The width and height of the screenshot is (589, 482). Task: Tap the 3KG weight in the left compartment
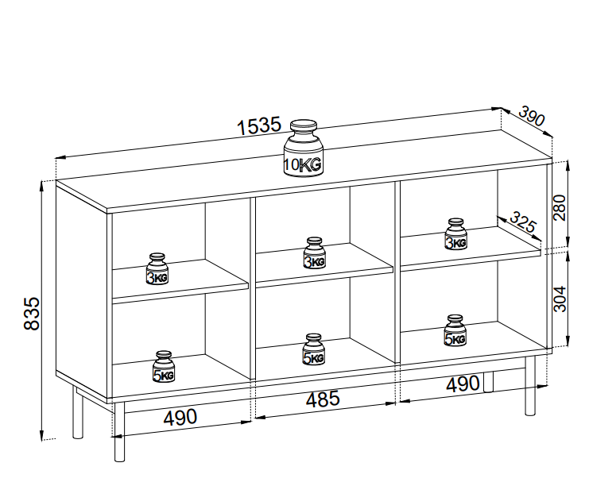point(157,270)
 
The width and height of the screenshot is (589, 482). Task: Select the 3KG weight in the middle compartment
point(314,253)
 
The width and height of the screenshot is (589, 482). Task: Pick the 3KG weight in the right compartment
point(455,235)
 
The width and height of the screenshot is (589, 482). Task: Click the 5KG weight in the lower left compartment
point(164,367)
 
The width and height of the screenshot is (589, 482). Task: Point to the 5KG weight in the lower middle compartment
point(314,350)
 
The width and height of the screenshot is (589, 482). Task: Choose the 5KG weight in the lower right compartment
point(455,331)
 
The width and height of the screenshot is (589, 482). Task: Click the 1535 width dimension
point(259,125)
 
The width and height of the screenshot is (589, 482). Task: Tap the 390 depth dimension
point(531,117)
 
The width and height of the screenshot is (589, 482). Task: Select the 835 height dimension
point(31,314)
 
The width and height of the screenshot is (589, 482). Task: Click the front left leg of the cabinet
point(119,433)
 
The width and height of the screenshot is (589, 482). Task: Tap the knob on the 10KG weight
point(303,127)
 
